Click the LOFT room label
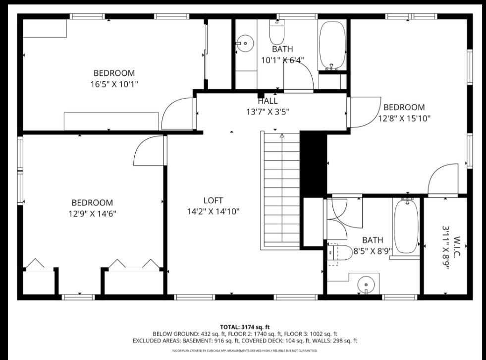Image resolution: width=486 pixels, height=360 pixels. tap(213, 201)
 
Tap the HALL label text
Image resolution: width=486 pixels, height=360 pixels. tap(268, 101)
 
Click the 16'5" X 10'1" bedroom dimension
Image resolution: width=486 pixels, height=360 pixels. tap(111, 84)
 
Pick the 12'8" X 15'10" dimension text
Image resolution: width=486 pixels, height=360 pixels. tap(404, 119)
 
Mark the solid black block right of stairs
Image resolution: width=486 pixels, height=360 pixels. tap(313, 164)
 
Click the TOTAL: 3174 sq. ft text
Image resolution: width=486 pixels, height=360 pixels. tap(245, 327)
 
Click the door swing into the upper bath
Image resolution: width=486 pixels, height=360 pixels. tap(299, 77)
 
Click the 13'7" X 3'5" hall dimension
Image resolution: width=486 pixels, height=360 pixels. tap(268, 112)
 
